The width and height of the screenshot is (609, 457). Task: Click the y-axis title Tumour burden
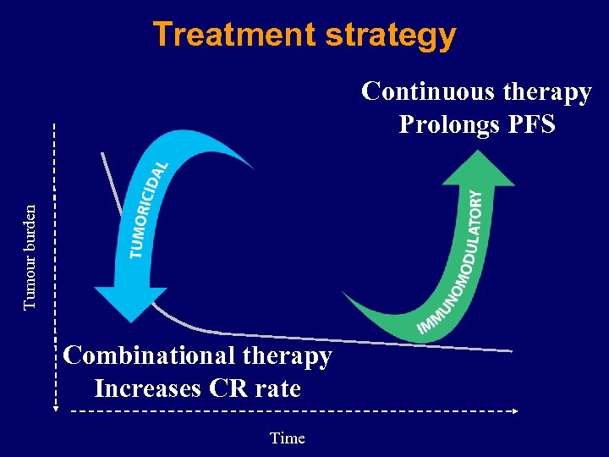(30, 257)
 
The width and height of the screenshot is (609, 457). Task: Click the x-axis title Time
(287, 438)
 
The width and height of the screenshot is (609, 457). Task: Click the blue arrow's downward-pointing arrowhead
(130, 304)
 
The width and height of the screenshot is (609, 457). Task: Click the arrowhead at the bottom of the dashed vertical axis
(54, 407)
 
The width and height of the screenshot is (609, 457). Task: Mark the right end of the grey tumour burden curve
(511, 350)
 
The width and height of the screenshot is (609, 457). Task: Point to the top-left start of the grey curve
(101, 153)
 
